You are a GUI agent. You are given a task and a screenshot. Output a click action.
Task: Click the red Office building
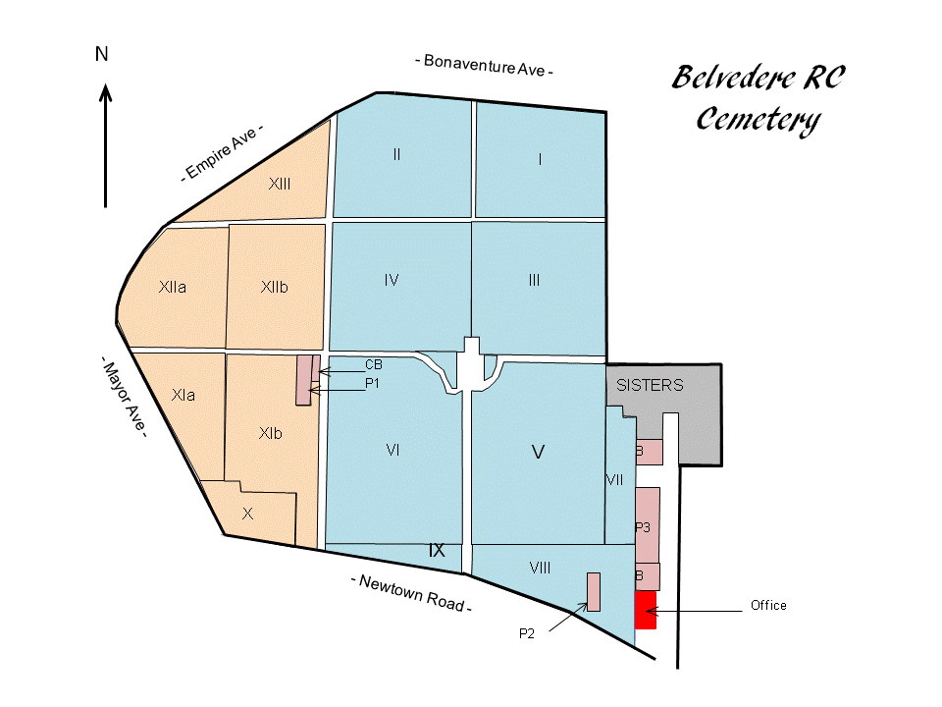pyautogui.click(x=645, y=610)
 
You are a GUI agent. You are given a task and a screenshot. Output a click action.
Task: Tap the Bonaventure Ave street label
pyautogui.click(x=484, y=66)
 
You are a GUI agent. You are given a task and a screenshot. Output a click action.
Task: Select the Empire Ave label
pyautogui.click(x=223, y=155)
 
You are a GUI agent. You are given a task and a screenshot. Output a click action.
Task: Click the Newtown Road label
pyautogui.click(x=411, y=593)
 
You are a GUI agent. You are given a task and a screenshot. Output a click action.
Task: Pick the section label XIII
pyautogui.click(x=280, y=184)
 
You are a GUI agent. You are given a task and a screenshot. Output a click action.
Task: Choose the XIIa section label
pyautogui.click(x=173, y=288)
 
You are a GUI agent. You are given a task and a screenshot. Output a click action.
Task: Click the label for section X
pyautogui.click(x=247, y=514)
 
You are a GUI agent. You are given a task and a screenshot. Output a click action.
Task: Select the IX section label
pyautogui.click(x=437, y=551)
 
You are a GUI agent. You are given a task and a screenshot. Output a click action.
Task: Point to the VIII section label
pyautogui.click(x=540, y=568)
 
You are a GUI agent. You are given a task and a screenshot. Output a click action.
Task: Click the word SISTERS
pyautogui.click(x=650, y=386)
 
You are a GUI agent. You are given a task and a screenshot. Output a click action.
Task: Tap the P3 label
pyautogui.click(x=644, y=528)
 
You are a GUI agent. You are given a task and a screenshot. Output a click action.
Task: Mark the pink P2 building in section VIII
pyautogui.click(x=593, y=591)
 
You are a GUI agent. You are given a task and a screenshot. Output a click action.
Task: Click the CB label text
pyautogui.click(x=373, y=364)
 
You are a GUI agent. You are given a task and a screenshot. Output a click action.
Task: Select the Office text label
pyautogui.click(x=768, y=605)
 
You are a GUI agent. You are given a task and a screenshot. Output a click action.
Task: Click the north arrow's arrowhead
pyautogui.click(x=106, y=93)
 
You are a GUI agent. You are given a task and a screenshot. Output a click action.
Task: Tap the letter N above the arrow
pyautogui.click(x=101, y=55)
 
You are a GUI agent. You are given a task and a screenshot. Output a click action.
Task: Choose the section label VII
pyautogui.click(x=615, y=480)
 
